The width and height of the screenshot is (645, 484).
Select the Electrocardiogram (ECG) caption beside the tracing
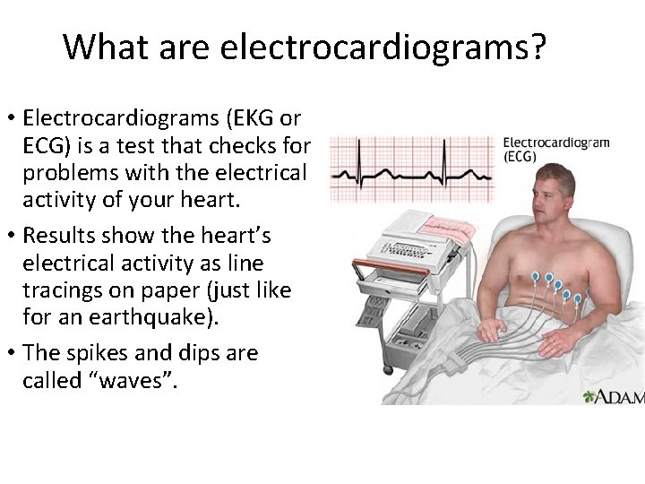[x=555, y=149]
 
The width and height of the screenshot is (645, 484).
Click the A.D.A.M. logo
[x=613, y=395]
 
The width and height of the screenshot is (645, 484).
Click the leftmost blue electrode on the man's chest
[x=536, y=277]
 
